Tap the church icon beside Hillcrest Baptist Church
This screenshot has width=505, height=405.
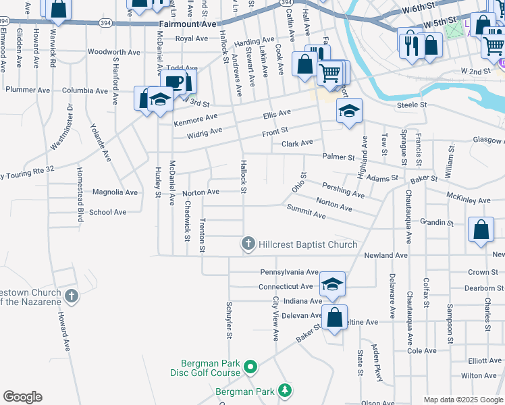248,244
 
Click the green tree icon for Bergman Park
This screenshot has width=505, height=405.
285,391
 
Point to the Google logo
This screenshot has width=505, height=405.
22,397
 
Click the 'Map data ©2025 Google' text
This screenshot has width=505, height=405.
462,400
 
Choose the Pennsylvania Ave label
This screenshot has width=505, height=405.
289,272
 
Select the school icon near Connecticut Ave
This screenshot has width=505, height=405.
331,284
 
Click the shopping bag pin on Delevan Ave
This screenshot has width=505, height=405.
334,317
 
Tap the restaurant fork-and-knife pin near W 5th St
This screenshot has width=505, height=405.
410,45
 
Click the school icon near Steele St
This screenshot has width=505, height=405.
348,111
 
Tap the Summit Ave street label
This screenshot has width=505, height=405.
306,214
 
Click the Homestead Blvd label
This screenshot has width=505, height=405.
80,195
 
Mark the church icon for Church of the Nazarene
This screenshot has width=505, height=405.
71,295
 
